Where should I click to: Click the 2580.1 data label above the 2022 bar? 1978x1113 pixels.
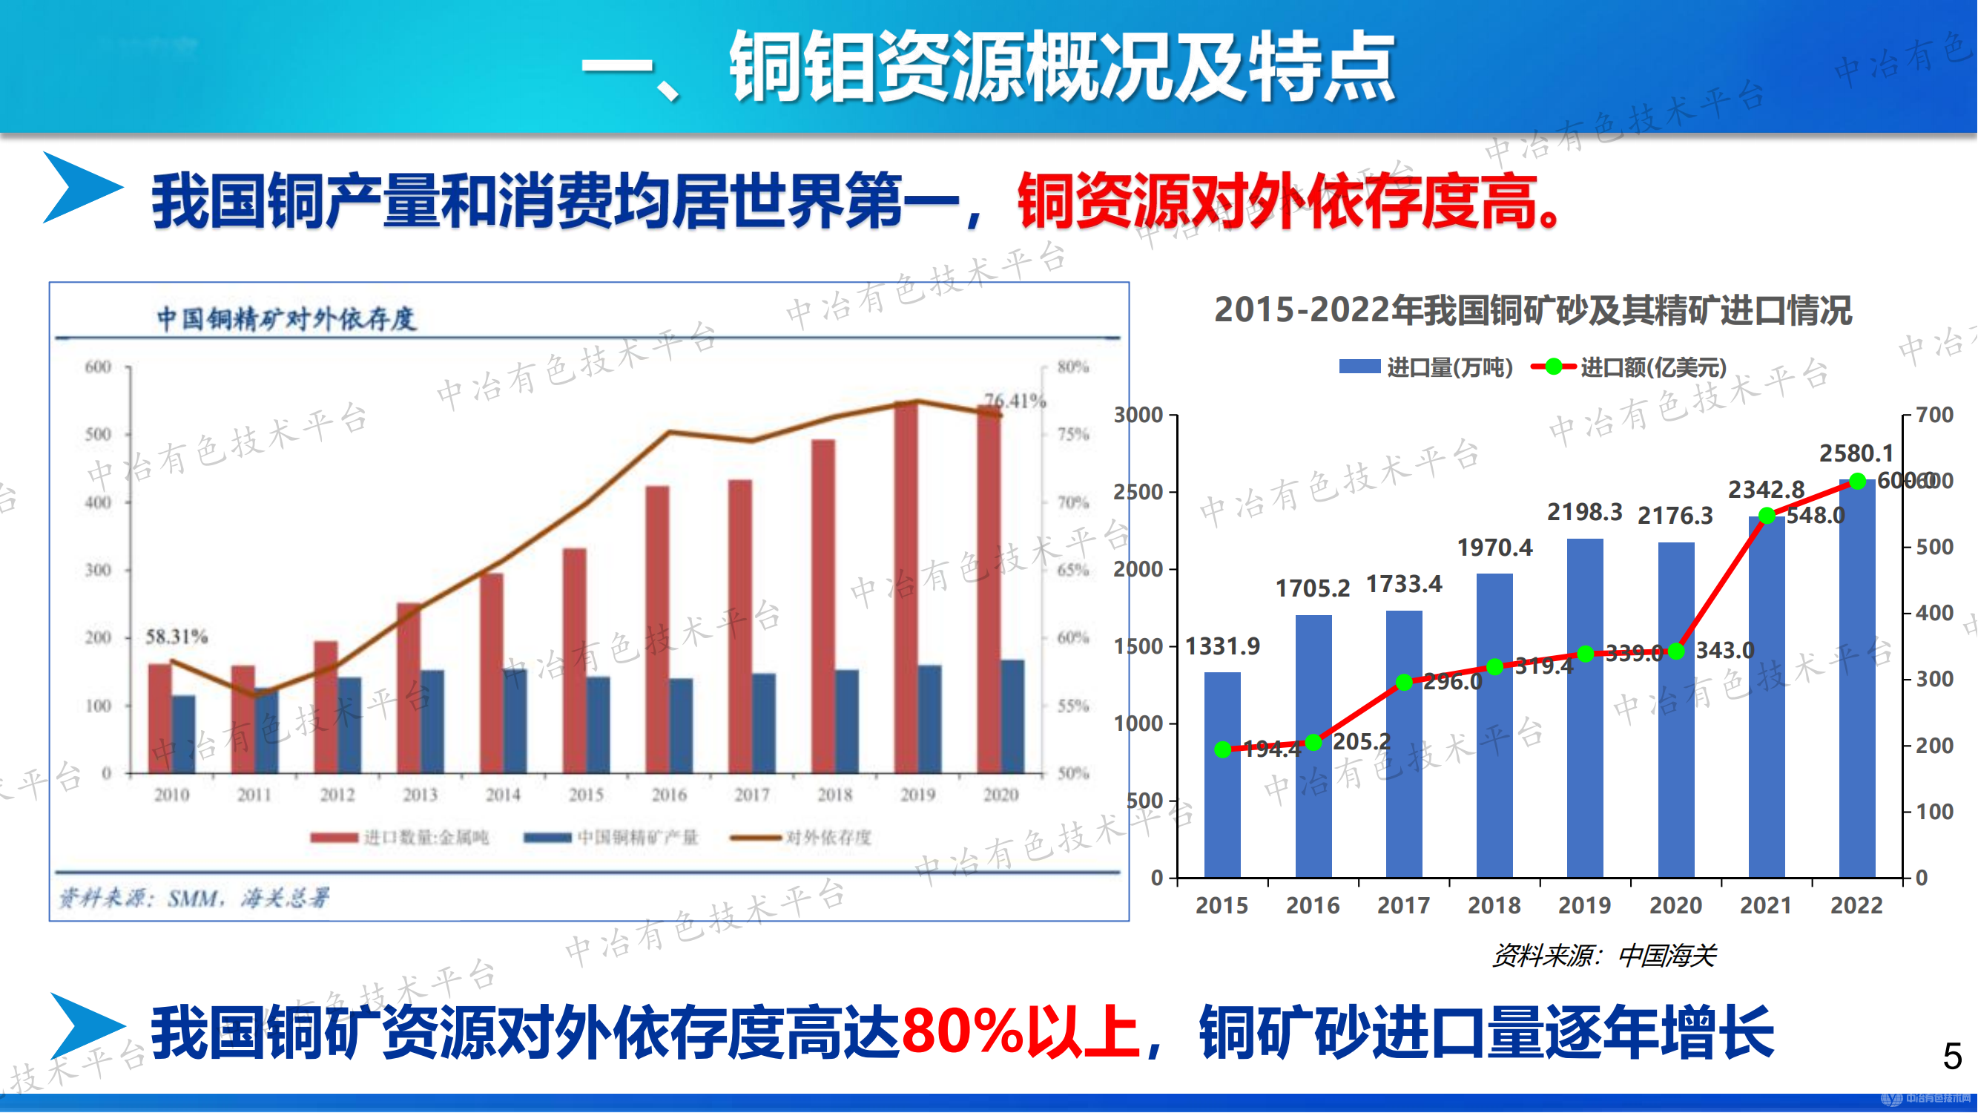(x=1856, y=453)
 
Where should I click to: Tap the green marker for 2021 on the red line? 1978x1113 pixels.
(x=1766, y=516)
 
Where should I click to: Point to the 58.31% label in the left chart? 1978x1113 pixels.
(x=177, y=636)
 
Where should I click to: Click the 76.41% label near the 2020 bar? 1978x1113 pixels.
(x=1015, y=400)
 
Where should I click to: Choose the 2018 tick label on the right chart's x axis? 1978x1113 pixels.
(x=1494, y=905)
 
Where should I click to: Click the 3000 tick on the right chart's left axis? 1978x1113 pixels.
(x=1138, y=415)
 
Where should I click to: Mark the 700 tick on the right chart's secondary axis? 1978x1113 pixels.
(x=1934, y=415)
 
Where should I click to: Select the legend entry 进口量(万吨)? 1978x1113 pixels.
(x=1427, y=367)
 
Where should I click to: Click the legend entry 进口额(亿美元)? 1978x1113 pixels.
(x=1629, y=367)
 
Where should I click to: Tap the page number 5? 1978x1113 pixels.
(x=1952, y=1056)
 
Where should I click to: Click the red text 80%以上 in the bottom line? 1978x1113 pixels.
(x=1020, y=1031)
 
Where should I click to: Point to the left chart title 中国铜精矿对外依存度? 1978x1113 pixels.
(x=286, y=319)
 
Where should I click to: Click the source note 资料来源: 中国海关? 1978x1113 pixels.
(x=1603, y=956)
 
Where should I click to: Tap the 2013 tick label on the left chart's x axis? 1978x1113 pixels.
(x=420, y=795)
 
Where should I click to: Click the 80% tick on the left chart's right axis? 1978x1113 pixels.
(x=1072, y=367)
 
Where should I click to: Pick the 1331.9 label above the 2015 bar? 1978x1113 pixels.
(x=1222, y=646)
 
